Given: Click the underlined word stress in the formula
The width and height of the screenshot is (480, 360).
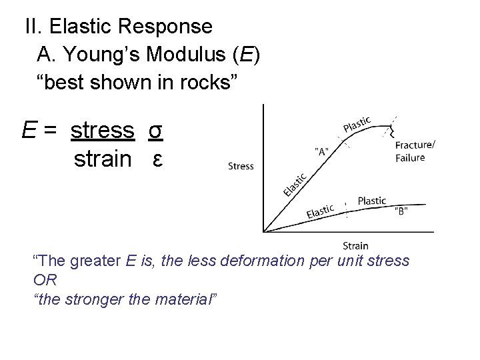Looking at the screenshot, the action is coord(103,130).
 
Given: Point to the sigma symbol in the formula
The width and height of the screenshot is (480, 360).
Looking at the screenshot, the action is coord(155,131).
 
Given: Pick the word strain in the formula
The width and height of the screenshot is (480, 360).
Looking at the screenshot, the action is coord(103,159).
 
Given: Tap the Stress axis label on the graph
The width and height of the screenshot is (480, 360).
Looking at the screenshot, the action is coord(241,166).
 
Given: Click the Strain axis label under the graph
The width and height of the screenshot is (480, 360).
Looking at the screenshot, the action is coord(355,245).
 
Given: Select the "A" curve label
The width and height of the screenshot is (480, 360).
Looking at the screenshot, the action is coord(321,151).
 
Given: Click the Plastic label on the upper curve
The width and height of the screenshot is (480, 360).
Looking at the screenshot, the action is coord(357,124).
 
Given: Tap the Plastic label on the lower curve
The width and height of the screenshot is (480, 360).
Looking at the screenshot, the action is coord(371,201).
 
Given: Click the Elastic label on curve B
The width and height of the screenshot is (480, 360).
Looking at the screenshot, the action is coord(320,212).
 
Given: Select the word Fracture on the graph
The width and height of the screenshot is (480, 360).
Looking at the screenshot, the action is coord(414,145).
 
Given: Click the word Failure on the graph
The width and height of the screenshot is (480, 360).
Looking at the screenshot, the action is coord(410,158).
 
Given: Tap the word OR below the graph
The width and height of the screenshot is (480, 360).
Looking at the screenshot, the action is coord(44,279).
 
